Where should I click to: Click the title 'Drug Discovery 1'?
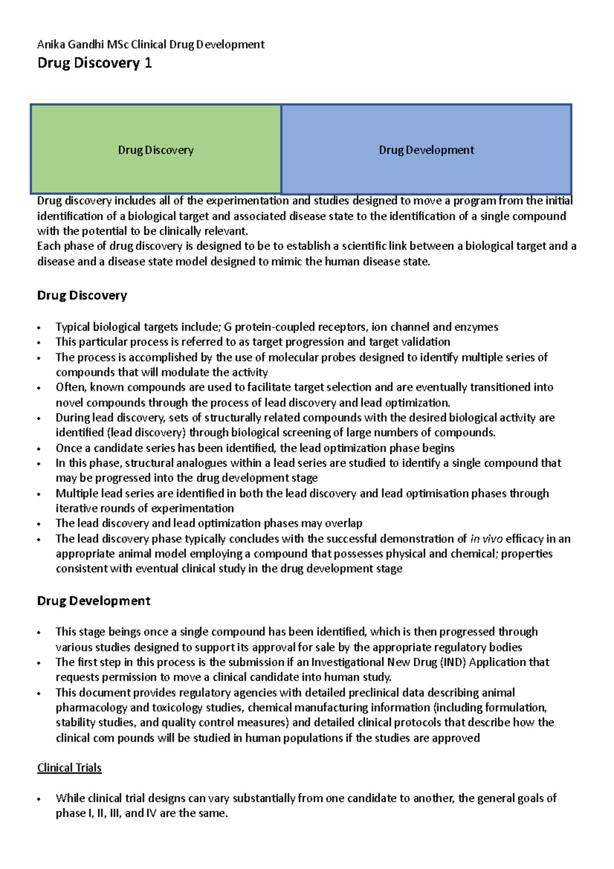point(95,63)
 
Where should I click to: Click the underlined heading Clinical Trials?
point(70,768)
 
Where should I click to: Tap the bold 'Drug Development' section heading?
point(94,600)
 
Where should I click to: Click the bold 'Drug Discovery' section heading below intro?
point(82,295)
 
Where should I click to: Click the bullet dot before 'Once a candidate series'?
point(39,449)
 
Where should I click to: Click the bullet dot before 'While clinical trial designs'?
point(39,799)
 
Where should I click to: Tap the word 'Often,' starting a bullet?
point(72,387)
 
